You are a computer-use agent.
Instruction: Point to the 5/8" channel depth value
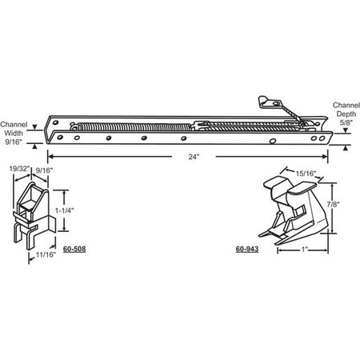tap(345, 123)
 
